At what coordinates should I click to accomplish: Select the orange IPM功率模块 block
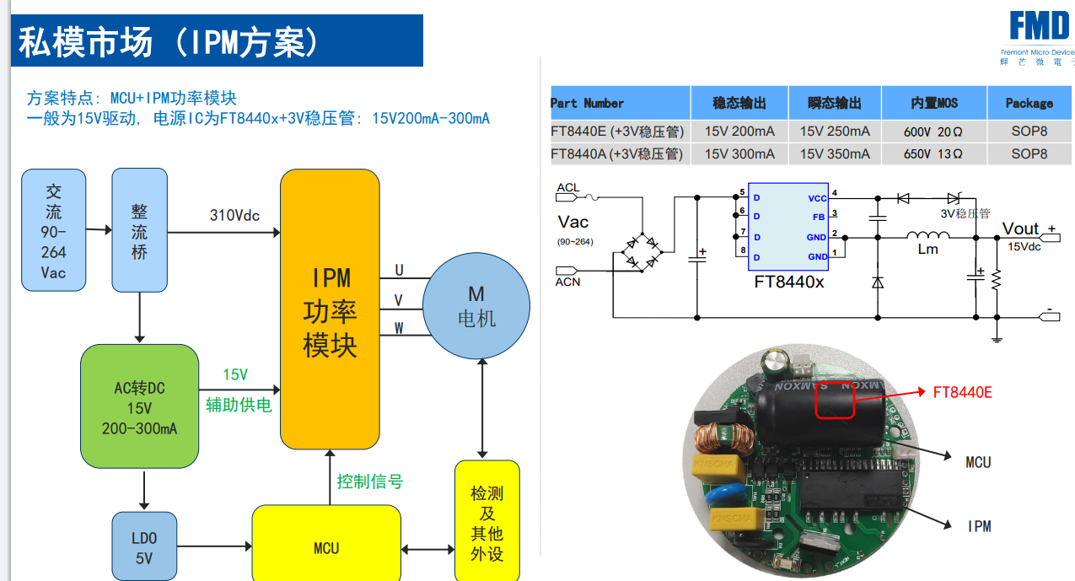(x=330, y=309)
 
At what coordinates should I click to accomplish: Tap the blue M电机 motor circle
(x=476, y=306)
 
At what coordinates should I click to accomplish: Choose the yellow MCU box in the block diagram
(x=326, y=548)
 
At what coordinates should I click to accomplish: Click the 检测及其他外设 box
(x=486, y=523)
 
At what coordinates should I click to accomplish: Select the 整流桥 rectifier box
(x=139, y=229)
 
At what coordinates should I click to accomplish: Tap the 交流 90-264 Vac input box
(x=53, y=230)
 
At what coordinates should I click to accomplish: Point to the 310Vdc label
(x=234, y=215)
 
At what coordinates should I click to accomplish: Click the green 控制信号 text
(x=370, y=481)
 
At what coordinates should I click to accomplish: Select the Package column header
(x=1029, y=103)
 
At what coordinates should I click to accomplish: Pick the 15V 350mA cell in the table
(x=834, y=153)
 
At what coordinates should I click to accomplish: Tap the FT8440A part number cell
(x=618, y=153)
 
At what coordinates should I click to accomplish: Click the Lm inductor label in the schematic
(x=927, y=249)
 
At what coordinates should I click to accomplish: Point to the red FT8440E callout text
(x=962, y=392)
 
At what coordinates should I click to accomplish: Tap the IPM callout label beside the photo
(x=979, y=526)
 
